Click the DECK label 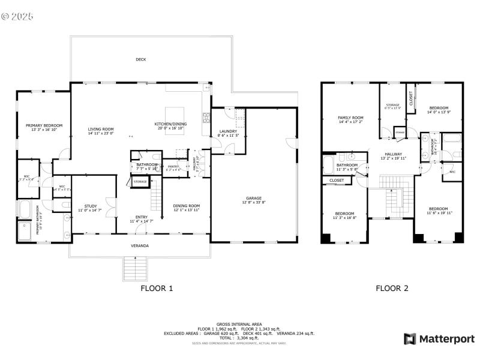pyautogui.click(x=140, y=59)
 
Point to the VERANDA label pyautogui.click(x=140, y=246)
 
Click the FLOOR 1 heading pyautogui.click(x=157, y=288)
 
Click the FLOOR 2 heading pyautogui.click(x=392, y=288)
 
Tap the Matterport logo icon pyautogui.click(x=410, y=339)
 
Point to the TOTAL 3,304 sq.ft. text pyautogui.click(x=239, y=338)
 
